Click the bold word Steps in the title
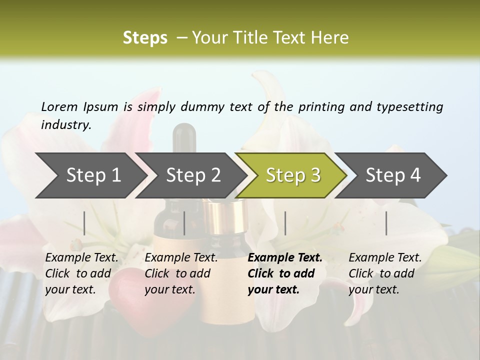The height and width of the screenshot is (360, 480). [x=145, y=38]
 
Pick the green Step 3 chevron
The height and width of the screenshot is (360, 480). [x=292, y=175]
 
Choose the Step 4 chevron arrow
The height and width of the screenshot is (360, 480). [x=392, y=175]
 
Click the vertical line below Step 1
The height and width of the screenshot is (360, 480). [x=84, y=223]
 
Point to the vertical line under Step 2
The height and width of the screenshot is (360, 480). [x=184, y=223]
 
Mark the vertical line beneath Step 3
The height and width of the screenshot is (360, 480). [x=285, y=223]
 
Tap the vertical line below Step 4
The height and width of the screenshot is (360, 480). [x=386, y=223]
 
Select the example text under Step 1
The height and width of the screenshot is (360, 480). [x=81, y=273]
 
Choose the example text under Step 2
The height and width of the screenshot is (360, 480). [x=181, y=273]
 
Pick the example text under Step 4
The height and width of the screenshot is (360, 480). [x=385, y=273]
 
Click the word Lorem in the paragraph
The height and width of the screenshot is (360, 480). [x=59, y=106]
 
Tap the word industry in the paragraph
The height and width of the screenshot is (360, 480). [x=65, y=125]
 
